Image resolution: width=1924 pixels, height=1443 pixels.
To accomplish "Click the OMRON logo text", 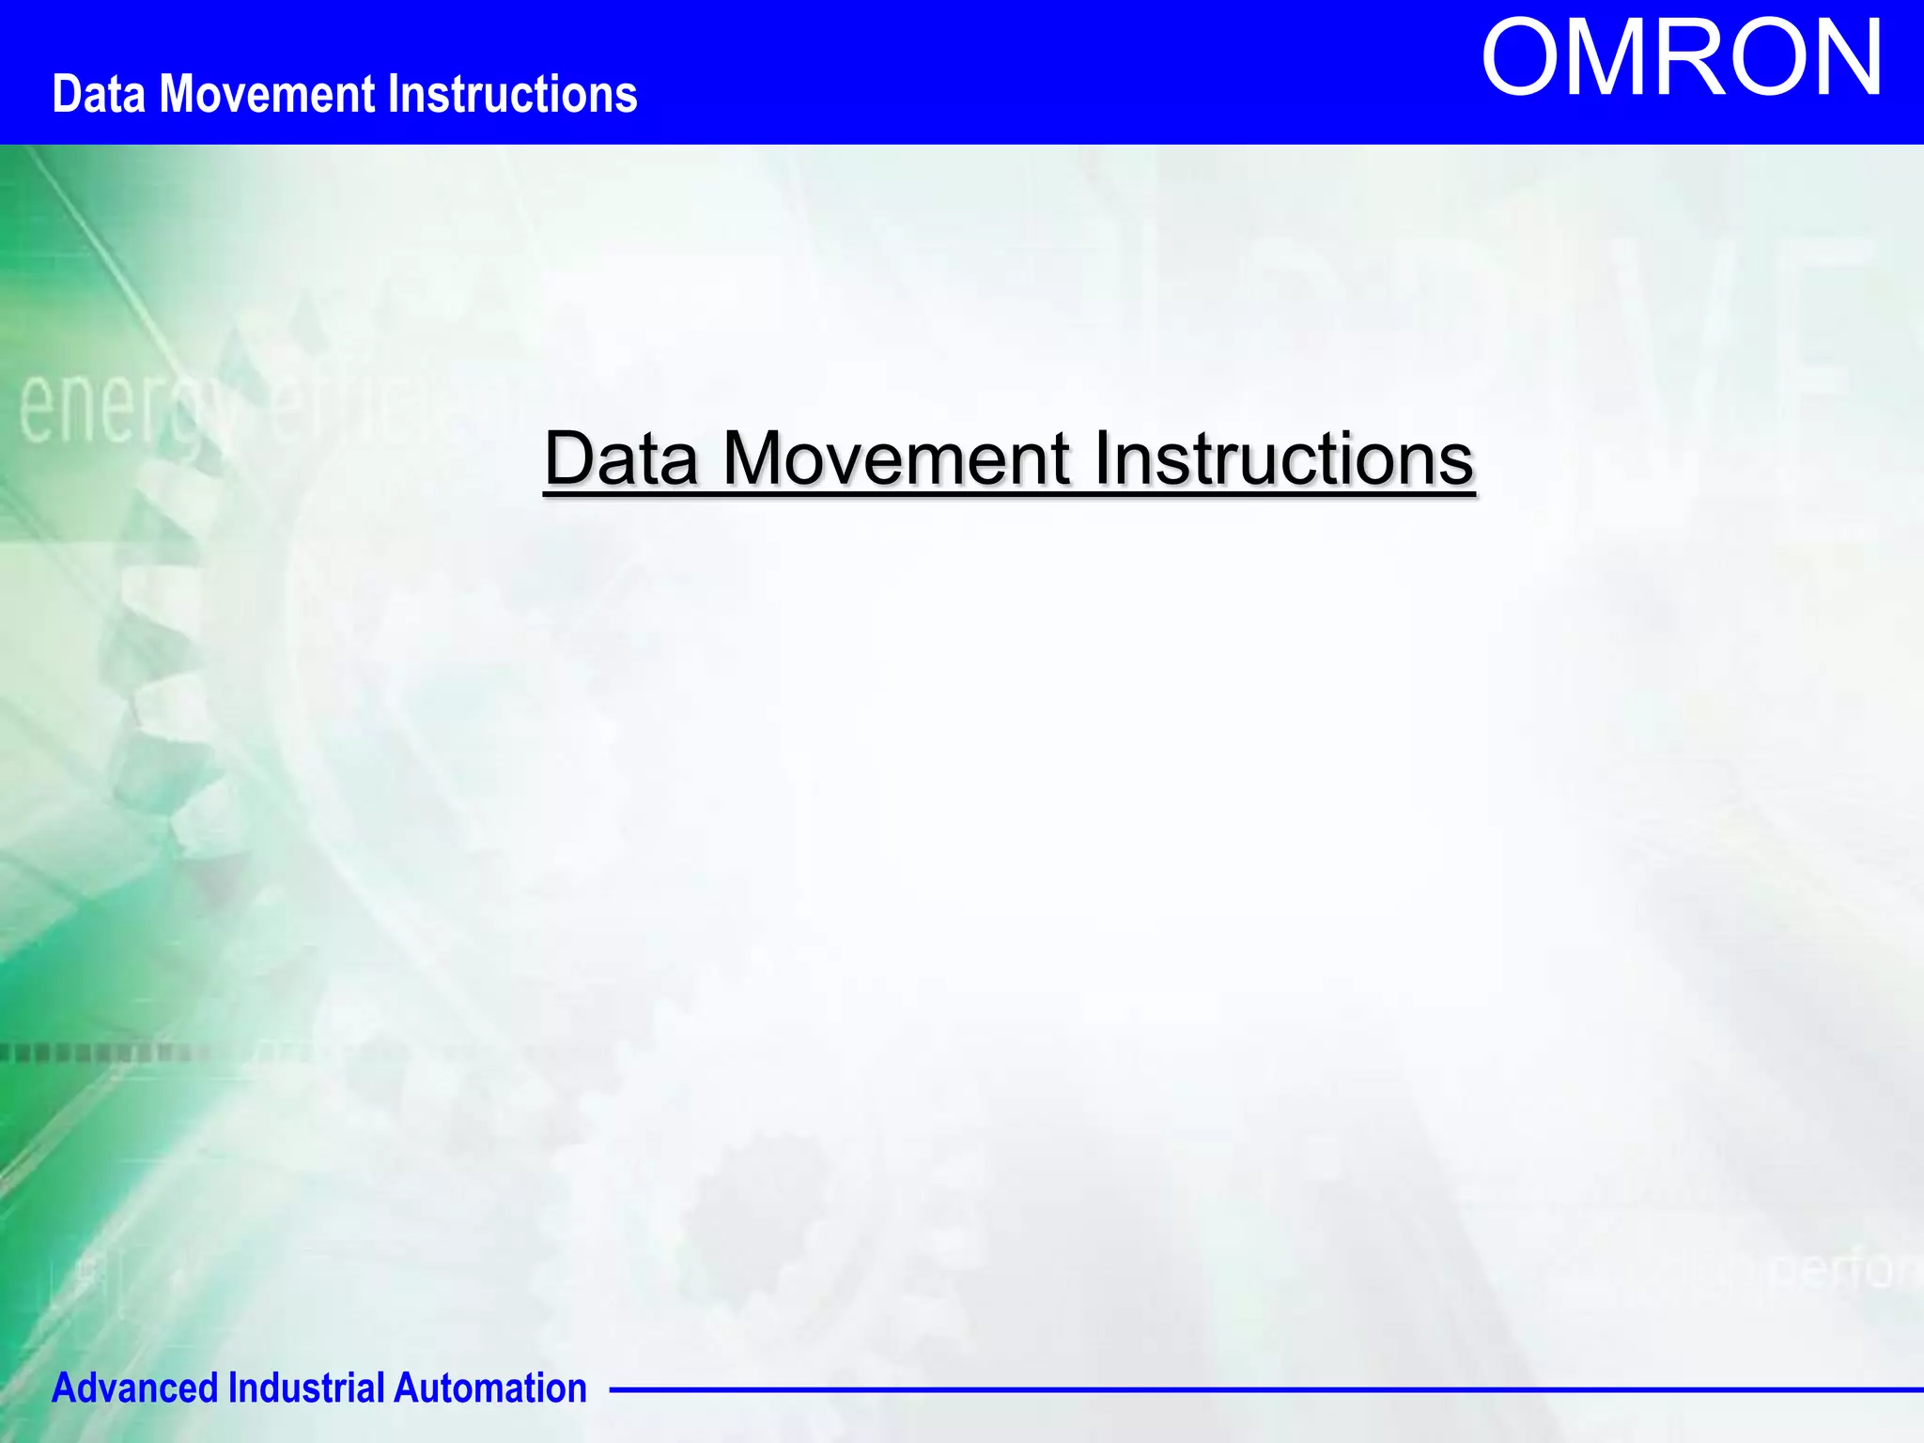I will click(1682, 59).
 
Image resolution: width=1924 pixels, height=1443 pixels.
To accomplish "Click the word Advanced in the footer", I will click(134, 1389).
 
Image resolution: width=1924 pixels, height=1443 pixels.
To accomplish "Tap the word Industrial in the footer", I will click(305, 1389).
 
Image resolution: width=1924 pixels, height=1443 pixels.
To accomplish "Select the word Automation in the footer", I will click(489, 1389).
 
